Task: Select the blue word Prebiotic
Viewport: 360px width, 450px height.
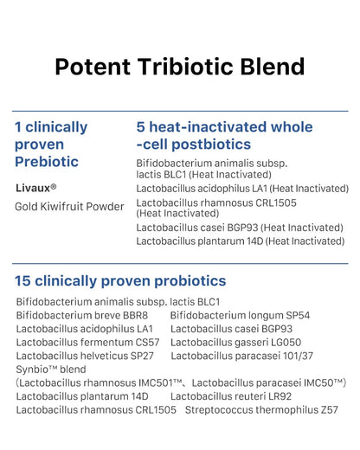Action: (x=47, y=162)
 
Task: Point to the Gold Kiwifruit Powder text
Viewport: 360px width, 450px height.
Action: (x=69, y=207)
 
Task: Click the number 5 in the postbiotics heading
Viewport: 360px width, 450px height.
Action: (x=141, y=127)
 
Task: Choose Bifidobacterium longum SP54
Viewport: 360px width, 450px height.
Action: (x=240, y=315)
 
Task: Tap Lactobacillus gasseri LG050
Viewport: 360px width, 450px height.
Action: (x=235, y=343)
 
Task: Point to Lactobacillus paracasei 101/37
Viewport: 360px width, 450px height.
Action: (x=241, y=356)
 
